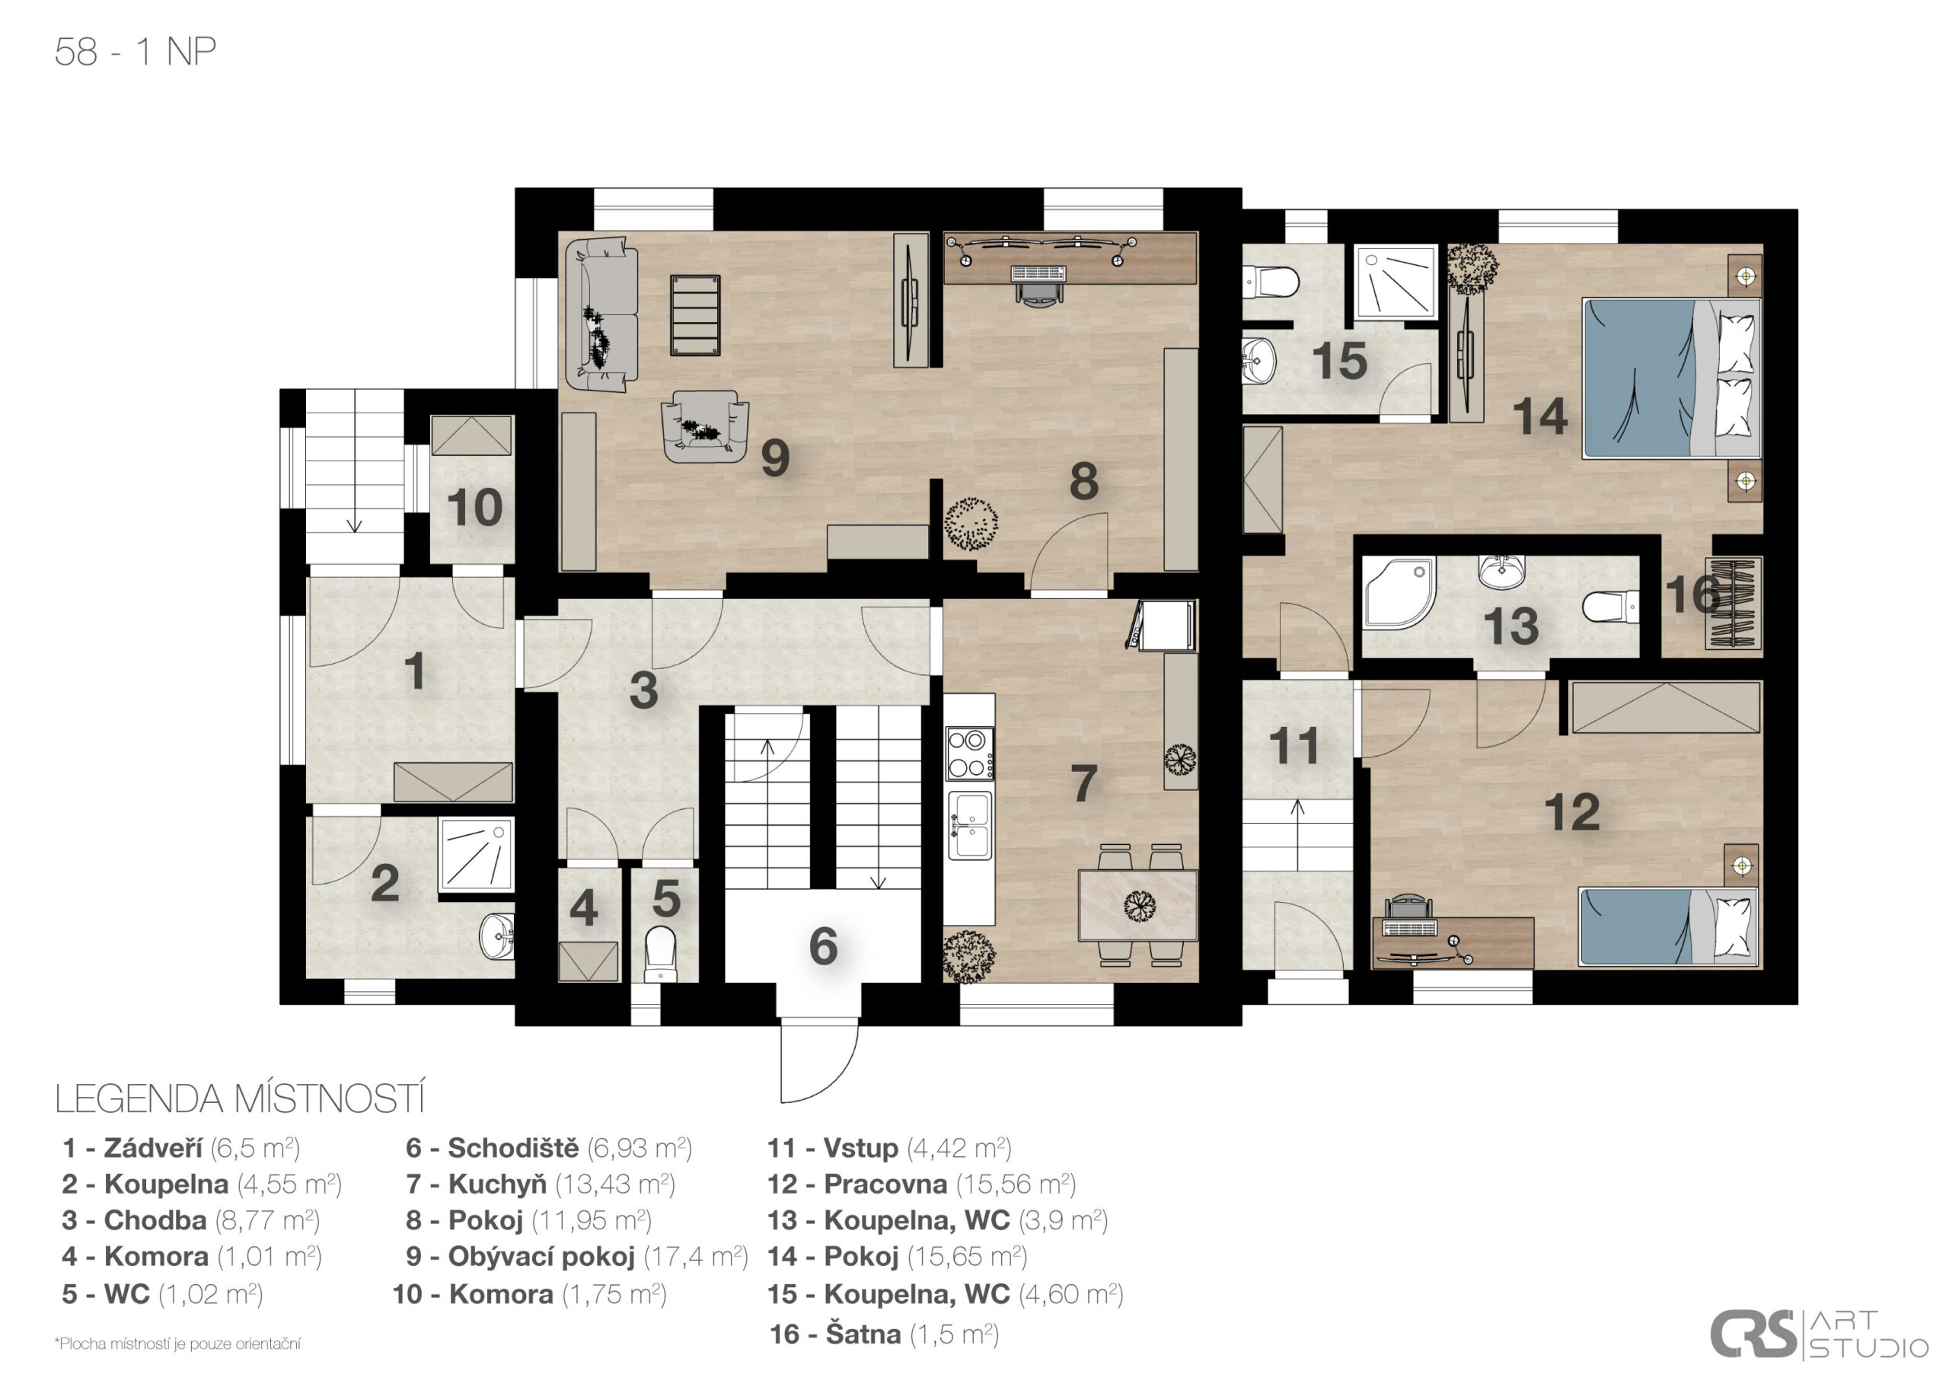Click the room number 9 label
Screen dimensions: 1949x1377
click(775, 457)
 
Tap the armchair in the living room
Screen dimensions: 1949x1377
click(704, 426)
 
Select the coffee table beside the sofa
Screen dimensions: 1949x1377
click(694, 314)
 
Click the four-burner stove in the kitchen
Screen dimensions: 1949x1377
click(969, 753)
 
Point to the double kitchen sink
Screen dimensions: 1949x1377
click(969, 825)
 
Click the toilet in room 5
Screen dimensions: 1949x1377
click(660, 952)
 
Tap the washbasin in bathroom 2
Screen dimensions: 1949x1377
click(497, 936)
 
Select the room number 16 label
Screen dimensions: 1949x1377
click(1691, 594)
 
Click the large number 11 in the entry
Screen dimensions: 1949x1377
click(1293, 746)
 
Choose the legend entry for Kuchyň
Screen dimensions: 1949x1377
click(540, 1184)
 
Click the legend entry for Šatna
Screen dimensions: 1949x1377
click(884, 1334)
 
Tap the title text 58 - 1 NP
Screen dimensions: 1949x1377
click(135, 52)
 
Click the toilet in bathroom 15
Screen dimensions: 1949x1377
click(1270, 282)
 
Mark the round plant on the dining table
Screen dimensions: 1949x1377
click(1139, 906)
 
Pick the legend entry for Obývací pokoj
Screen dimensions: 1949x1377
click(576, 1257)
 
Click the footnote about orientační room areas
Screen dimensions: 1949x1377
click(177, 1343)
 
